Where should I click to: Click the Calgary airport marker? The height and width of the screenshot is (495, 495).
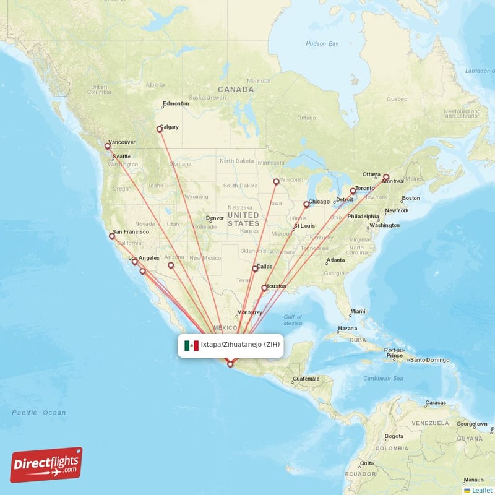pos(159,129)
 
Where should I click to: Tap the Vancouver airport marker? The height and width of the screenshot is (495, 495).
pos(108,147)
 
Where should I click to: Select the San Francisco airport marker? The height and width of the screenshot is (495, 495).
pos(113,236)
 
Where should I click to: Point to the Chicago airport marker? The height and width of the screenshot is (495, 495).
pos(306,204)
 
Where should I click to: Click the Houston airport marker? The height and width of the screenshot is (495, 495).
pos(264,288)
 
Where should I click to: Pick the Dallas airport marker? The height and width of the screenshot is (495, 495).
pos(254,269)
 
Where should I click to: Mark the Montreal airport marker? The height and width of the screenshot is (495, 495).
pos(386,177)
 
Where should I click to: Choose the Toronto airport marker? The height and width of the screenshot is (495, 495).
pos(353,191)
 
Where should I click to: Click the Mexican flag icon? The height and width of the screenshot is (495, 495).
pos(192,345)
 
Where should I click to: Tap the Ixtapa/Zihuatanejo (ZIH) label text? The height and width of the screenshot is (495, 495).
pos(240,345)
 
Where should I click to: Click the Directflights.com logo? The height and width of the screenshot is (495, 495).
pos(46,465)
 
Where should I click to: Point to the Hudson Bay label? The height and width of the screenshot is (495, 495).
pos(322,43)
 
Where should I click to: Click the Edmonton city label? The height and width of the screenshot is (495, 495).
pos(175,104)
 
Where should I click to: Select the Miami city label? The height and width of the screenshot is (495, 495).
pos(357,311)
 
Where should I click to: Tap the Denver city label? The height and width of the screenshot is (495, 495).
pos(215,218)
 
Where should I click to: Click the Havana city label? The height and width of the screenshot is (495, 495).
pos(347,328)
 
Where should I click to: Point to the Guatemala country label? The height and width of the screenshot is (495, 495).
pos(306,379)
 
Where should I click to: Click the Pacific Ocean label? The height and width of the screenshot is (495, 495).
pos(38,412)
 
